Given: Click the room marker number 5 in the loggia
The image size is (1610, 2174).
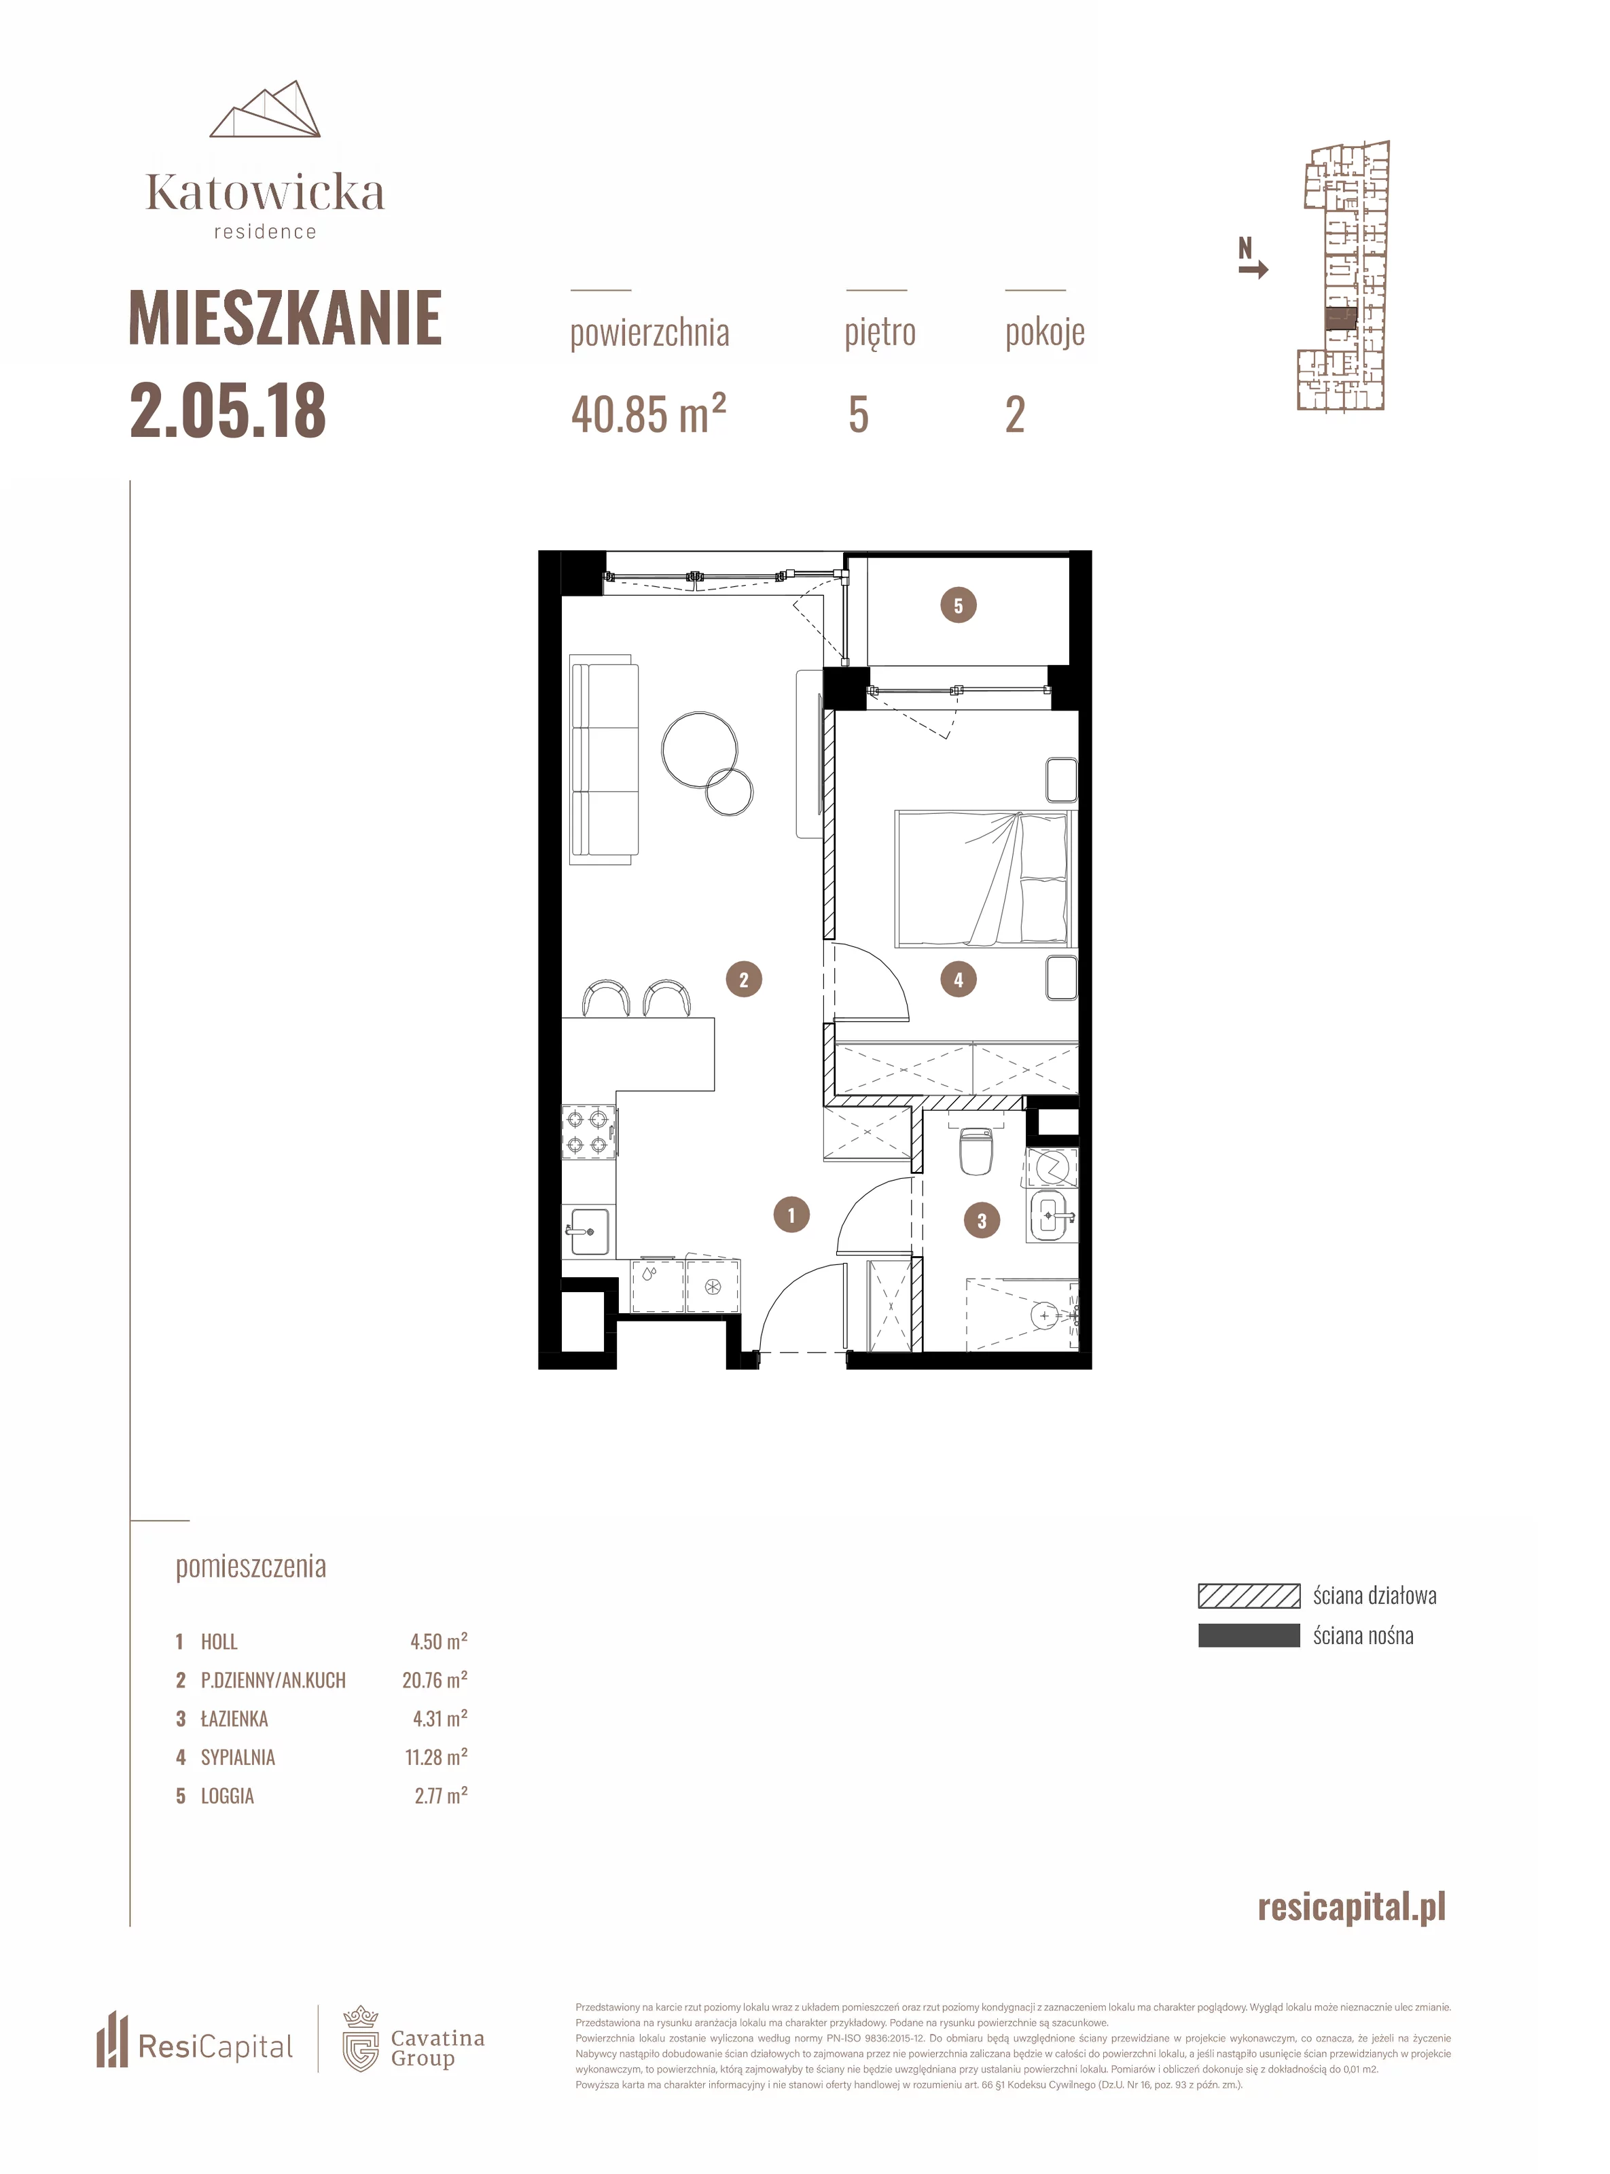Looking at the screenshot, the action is (958, 605).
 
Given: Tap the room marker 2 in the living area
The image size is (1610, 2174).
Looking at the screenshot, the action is (744, 980).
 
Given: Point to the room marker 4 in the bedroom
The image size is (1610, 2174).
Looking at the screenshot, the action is (958, 980).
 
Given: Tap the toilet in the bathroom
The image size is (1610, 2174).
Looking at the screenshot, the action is (976, 1150).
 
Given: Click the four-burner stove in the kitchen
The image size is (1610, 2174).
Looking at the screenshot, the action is (590, 1133).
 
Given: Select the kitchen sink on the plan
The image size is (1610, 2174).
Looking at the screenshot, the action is (588, 1232).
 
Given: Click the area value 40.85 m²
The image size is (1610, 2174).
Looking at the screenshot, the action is (649, 414).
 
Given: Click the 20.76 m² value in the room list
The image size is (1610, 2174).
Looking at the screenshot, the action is (435, 1680).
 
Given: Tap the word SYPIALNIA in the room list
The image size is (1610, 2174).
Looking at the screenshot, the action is (238, 1757).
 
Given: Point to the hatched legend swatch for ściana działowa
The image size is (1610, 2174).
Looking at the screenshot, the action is (1249, 1595).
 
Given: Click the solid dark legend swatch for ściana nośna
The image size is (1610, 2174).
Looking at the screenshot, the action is (1249, 1635).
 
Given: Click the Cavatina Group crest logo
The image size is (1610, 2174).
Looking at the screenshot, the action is (361, 2039).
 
